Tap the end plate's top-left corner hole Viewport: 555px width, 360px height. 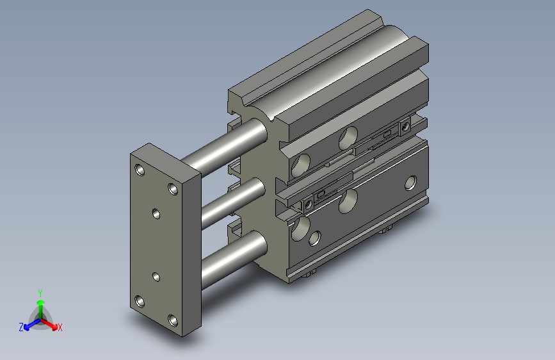pos(140,170)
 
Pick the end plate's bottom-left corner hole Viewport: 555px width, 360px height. pos(140,301)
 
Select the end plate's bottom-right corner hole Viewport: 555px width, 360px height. pos(172,319)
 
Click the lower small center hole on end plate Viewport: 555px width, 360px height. pos(156,277)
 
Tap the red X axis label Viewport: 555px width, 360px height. pos(60,327)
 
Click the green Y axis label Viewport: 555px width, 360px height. pos(40,291)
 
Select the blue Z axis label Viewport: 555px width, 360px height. pos(21,327)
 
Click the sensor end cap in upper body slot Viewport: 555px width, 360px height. pos(405,127)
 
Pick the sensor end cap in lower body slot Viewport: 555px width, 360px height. pos(308,204)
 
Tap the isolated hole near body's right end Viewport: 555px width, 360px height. pos(410,183)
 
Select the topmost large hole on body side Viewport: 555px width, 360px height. pos(349,136)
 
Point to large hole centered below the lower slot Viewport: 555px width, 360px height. pos(350,200)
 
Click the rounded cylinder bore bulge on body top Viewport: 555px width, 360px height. pos(333,70)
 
